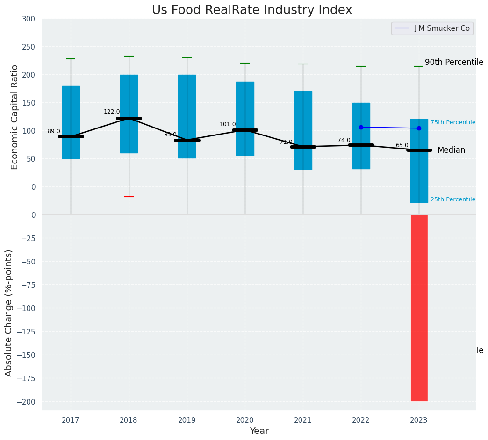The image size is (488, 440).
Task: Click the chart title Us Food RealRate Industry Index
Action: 252,10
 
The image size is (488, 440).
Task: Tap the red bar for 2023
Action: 419,307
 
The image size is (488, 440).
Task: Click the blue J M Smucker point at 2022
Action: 361,127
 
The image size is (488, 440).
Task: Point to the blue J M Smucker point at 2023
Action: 419,128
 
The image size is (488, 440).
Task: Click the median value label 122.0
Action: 112,112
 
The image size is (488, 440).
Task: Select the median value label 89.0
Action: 54,132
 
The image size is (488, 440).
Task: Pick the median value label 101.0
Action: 228,125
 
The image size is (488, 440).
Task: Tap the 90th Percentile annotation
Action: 454,63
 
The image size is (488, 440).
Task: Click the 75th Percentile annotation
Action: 453,122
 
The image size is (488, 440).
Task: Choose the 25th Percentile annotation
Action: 453,199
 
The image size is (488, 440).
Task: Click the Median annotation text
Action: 451,150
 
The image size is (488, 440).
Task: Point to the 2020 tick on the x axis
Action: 245,421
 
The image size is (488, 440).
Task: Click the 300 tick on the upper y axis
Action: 28,19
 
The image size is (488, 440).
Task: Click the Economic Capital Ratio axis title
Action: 15,117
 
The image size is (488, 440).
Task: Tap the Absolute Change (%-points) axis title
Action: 9,312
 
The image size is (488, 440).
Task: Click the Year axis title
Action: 259,431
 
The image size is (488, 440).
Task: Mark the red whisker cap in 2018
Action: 129,197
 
